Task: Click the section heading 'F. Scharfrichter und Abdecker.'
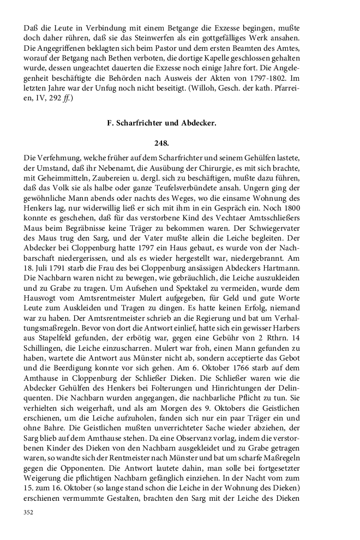161,123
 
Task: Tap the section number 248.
161,143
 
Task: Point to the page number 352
28,512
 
